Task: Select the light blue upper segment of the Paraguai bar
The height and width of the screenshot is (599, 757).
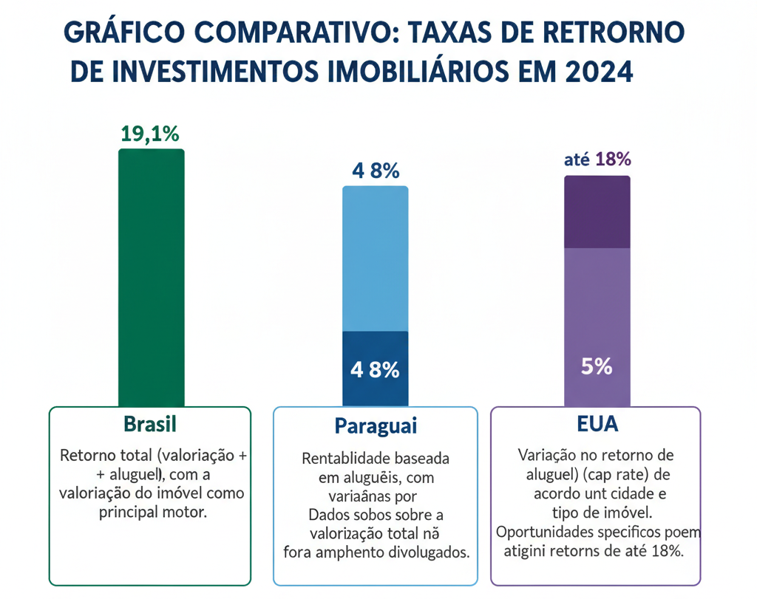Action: [x=375, y=259]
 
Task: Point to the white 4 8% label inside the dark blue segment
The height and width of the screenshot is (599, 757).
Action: [x=375, y=369]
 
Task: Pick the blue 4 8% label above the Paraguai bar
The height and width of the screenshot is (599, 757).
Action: [x=376, y=171]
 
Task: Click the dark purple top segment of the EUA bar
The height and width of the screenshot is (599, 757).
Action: [x=597, y=212]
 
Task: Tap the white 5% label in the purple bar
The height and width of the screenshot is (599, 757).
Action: [x=597, y=366]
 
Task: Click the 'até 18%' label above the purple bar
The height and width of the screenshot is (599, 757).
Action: [x=597, y=159]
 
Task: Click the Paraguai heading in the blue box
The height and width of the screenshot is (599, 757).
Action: [x=376, y=426]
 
